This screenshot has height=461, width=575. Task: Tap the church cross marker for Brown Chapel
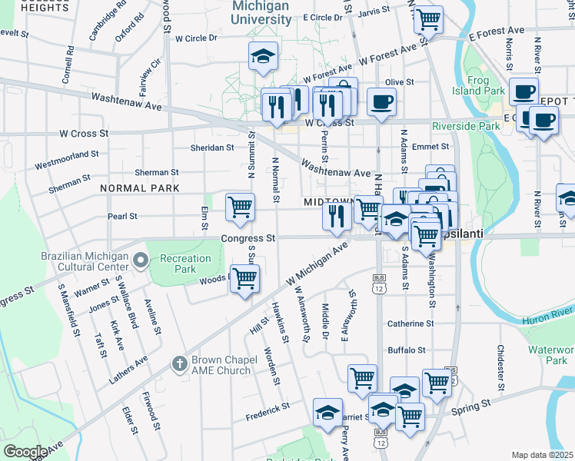pyautogui.click(x=179, y=363)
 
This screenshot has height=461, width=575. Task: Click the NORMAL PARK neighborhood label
pyautogui.click(x=139, y=188)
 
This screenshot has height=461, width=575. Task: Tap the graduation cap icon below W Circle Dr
pyautogui.click(x=263, y=56)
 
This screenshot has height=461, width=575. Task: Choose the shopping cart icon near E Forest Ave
pyautogui.click(x=428, y=18)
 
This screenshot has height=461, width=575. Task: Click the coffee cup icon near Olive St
pyautogui.click(x=382, y=102)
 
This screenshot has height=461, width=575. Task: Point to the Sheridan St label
pyautogui.click(x=214, y=148)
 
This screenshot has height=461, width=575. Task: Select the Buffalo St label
pyautogui.click(x=407, y=350)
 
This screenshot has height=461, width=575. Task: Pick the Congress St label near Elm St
pyautogui.click(x=248, y=238)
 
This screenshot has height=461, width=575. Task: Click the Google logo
pyautogui.click(x=25, y=451)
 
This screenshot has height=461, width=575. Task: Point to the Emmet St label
pyautogui.click(x=430, y=146)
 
